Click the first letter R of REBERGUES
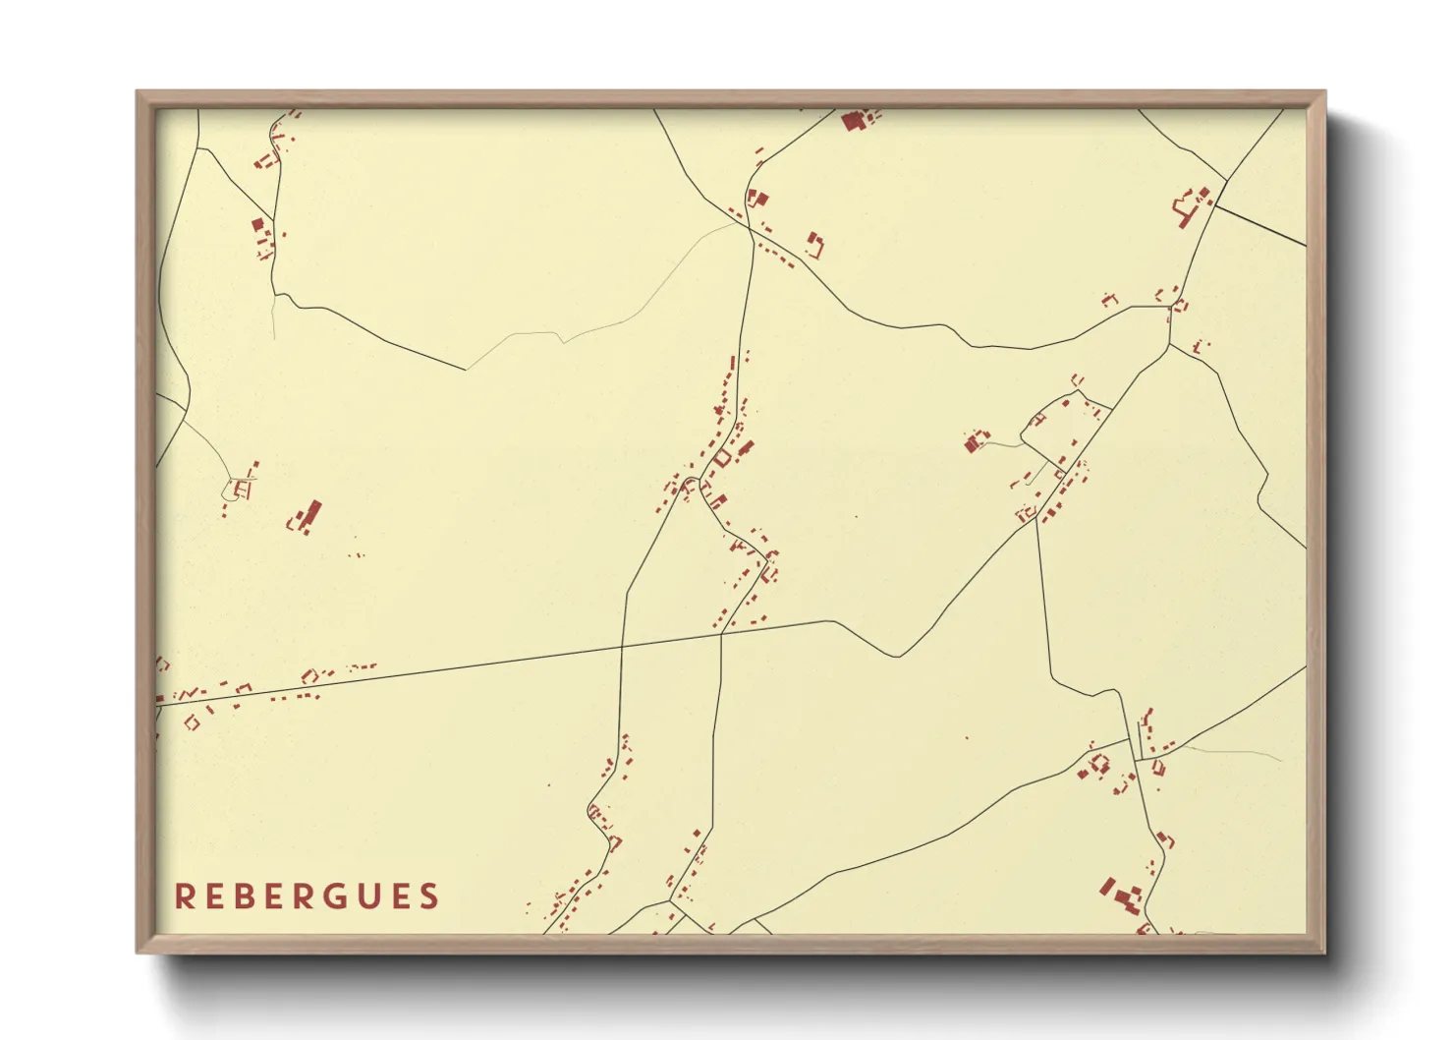183,896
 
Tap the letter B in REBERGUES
246,896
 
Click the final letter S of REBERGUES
429,896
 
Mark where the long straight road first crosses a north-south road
622,646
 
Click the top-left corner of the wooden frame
139,92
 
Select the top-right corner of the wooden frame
1323,92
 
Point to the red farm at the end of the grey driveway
976,441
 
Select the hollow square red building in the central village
723,458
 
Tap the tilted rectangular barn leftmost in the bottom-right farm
1107,887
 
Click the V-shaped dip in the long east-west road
896,656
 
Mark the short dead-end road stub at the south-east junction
1140,737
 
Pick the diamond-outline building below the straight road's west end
192,722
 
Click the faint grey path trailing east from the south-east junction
1228,751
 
